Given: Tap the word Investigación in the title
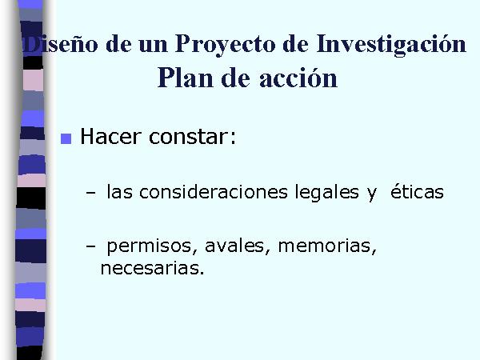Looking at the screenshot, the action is [x=391, y=45].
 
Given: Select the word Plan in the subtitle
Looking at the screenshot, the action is [x=186, y=78].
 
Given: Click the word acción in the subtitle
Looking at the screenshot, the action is [x=298, y=78].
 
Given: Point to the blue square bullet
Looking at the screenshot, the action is [x=66, y=138].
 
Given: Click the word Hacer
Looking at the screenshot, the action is [x=110, y=136].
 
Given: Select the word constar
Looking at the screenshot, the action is [x=189, y=137].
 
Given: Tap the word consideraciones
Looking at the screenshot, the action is [x=214, y=192].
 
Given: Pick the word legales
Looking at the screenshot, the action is [x=326, y=193].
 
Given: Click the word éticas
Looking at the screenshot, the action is [x=417, y=191].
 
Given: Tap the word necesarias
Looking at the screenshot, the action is [x=152, y=269].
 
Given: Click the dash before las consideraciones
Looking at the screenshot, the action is [x=90, y=193].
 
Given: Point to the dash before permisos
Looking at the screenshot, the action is [x=90, y=246].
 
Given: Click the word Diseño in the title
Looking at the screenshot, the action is [x=61, y=45].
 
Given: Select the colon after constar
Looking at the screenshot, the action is [x=234, y=138].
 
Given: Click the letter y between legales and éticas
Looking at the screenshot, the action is [x=372, y=194].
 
